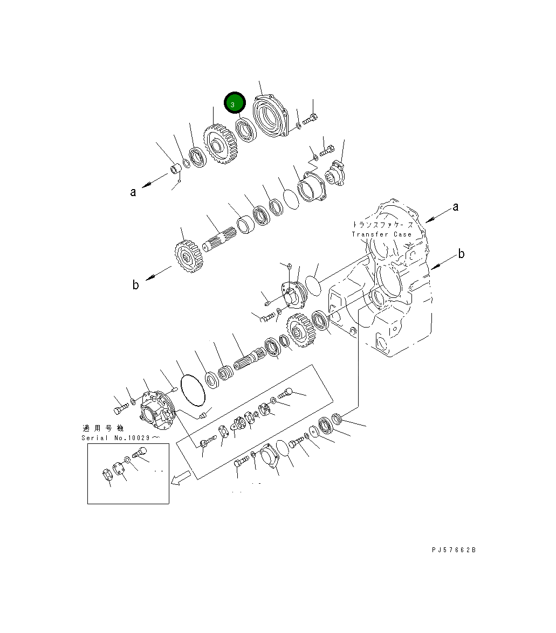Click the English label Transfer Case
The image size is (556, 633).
click(x=382, y=234)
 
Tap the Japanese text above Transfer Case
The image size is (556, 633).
click(x=383, y=224)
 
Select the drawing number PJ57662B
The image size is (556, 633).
click(x=454, y=550)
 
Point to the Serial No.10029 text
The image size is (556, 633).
click(x=120, y=438)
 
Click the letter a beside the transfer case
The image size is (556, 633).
click(x=455, y=207)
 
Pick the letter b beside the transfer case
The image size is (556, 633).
click(x=461, y=254)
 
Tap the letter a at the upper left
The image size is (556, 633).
click(x=133, y=192)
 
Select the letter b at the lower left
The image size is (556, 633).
click(x=135, y=285)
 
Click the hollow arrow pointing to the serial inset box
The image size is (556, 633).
click(x=181, y=477)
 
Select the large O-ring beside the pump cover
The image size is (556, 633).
click(x=193, y=390)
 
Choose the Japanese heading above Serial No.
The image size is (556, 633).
click(x=104, y=428)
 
